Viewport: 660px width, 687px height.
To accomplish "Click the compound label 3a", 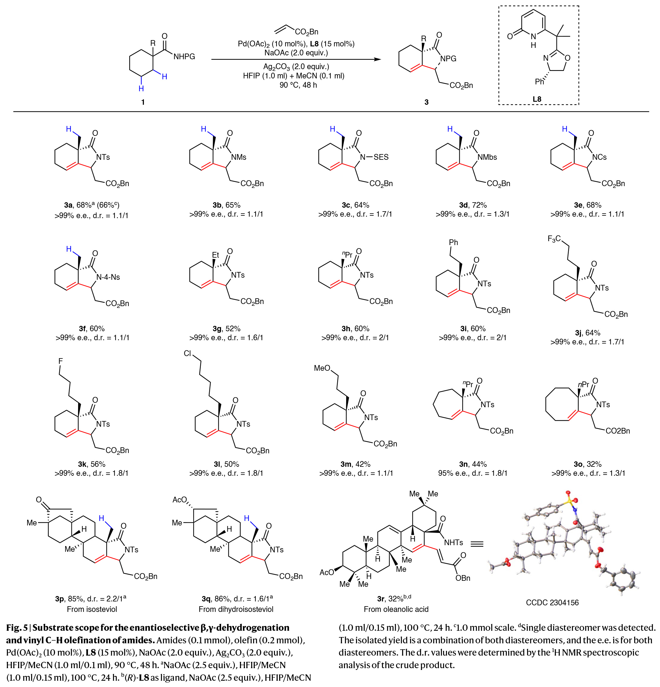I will click(68, 205).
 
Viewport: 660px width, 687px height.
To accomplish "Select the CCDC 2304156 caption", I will click(552, 603).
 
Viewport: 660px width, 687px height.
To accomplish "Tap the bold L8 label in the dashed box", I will click(537, 99).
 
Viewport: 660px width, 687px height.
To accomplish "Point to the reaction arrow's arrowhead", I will click(378, 60).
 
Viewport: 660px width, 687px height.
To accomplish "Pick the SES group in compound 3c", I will click(381, 157).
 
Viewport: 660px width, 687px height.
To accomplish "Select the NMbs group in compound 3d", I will click(487, 157).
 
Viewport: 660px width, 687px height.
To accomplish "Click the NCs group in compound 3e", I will click(599, 157).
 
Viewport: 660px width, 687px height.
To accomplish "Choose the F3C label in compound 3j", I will click(554, 239).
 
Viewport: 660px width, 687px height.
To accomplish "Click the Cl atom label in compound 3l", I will click(188, 353).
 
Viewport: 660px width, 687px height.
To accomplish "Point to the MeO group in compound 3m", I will click(322, 368).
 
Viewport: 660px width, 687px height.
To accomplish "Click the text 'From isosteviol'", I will click(92, 609).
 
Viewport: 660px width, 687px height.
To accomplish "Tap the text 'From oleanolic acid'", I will click(396, 609).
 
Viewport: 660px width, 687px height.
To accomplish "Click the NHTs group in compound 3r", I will click(453, 542).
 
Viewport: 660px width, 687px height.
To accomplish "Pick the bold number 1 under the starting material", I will click(143, 102).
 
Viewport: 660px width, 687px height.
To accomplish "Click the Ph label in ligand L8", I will click(539, 82).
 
